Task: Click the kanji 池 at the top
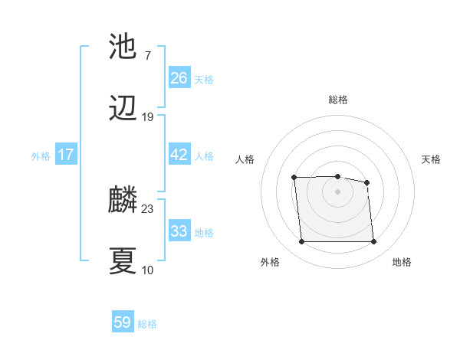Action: click(123, 47)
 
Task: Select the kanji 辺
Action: click(123, 109)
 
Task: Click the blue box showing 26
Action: click(179, 78)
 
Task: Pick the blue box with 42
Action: click(179, 155)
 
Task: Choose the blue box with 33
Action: click(179, 231)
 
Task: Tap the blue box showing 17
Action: click(66, 155)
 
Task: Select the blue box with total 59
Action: click(123, 322)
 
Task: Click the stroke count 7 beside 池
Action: click(147, 56)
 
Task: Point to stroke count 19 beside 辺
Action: click(148, 117)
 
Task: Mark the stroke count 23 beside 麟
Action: click(148, 208)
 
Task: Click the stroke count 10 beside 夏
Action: click(148, 270)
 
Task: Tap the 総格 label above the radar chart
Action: click(338, 100)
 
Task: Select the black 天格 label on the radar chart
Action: click(432, 159)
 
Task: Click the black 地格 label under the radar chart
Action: click(402, 262)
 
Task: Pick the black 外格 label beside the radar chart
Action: click(270, 262)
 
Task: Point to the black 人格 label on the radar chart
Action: click(245, 159)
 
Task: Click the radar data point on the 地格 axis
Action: click(373, 242)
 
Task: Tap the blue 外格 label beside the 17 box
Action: click(41, 155)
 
